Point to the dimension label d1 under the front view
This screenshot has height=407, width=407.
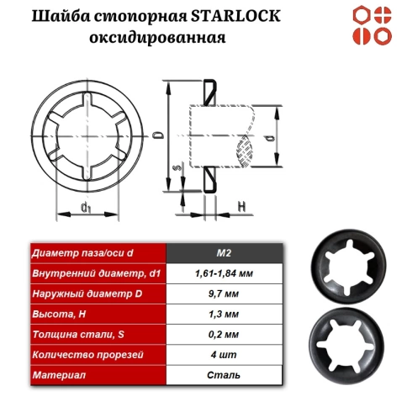pyautogui.click(x=86, y=206)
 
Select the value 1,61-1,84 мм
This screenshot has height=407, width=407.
pyautogui.click(x=223, y=273)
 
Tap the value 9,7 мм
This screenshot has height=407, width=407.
pyautogui.click(x=223, y=293)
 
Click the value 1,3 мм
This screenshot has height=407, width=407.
pyautogui.click(x=223, y=314)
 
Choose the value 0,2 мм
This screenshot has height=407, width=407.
pyautogui.click(x=223, y=334)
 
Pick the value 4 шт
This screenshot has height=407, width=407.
pyautogui.click(x=223, y=354)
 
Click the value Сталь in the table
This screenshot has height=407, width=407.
pyautogui.click(x=223, y=374)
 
